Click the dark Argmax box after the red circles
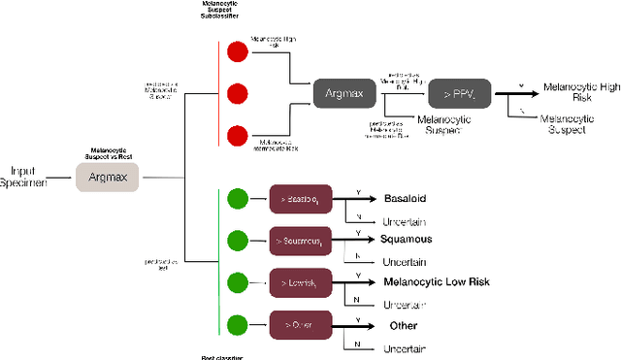(x=344, y=94)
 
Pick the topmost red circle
(x=235, y=52)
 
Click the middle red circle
(x=235, y=94)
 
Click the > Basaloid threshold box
(x=302, y=198)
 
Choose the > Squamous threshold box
(x=302, y=239)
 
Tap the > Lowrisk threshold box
(x=302, y=281)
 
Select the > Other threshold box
(x=302, y=323)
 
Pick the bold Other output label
(x=403, y=326)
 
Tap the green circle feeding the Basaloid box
(x=235, y=198)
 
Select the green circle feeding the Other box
(x=235, y=323)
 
